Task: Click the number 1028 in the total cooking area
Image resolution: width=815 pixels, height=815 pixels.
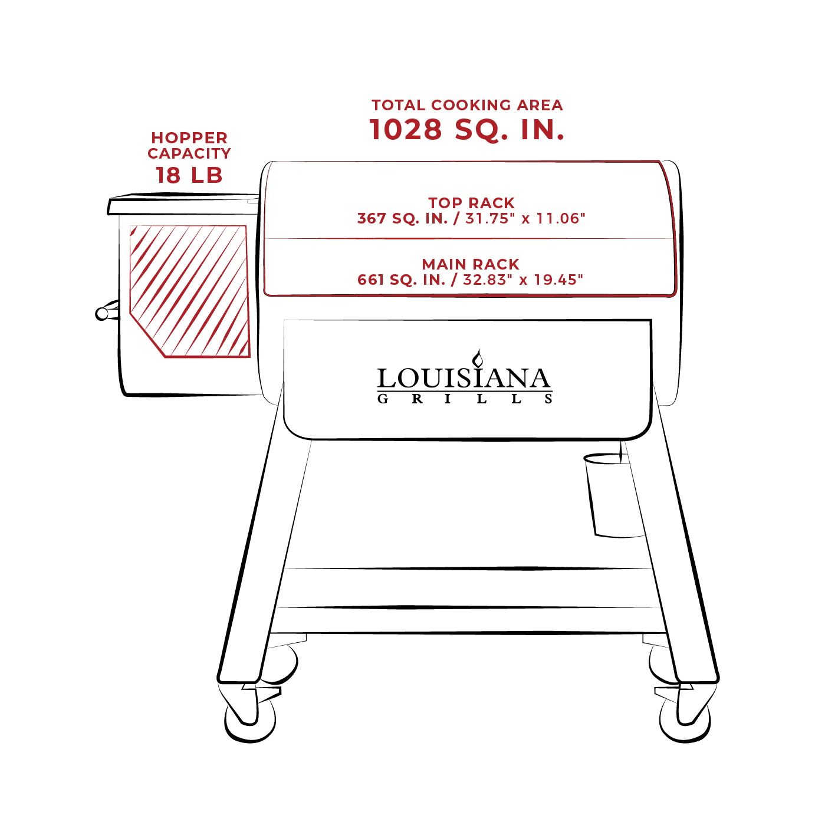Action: (x=406, y=129)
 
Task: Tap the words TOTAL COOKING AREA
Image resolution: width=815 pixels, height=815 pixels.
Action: (x=467, y=105)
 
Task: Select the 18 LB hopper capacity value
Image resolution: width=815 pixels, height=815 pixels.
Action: (x=189, y=175)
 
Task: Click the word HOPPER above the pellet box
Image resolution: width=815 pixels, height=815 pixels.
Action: (x=189, y=138)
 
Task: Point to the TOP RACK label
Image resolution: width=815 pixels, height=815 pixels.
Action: (x=471, y=203)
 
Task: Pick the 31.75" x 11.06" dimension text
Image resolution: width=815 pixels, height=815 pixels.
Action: (x=525, y=219)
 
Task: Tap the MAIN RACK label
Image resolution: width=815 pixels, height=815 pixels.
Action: (x=471, y=264)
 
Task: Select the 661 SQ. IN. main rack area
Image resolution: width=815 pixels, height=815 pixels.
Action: (x=402, y=280)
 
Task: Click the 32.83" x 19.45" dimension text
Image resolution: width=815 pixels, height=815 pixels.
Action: (x=523, y=280)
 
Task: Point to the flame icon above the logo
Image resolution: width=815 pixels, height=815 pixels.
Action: (x=478, y=358)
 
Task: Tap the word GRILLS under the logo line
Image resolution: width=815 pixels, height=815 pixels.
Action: (x=464, y=399)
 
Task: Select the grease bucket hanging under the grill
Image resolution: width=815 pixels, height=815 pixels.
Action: (x=613, y=495)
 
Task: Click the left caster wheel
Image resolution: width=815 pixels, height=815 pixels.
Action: (x=251, y=720)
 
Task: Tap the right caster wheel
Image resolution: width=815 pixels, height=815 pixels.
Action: (x=685, y=720)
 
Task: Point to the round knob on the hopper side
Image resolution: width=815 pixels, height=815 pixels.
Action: (x=102, y=314)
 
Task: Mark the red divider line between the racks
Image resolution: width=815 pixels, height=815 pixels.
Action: (x=469, y=238)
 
